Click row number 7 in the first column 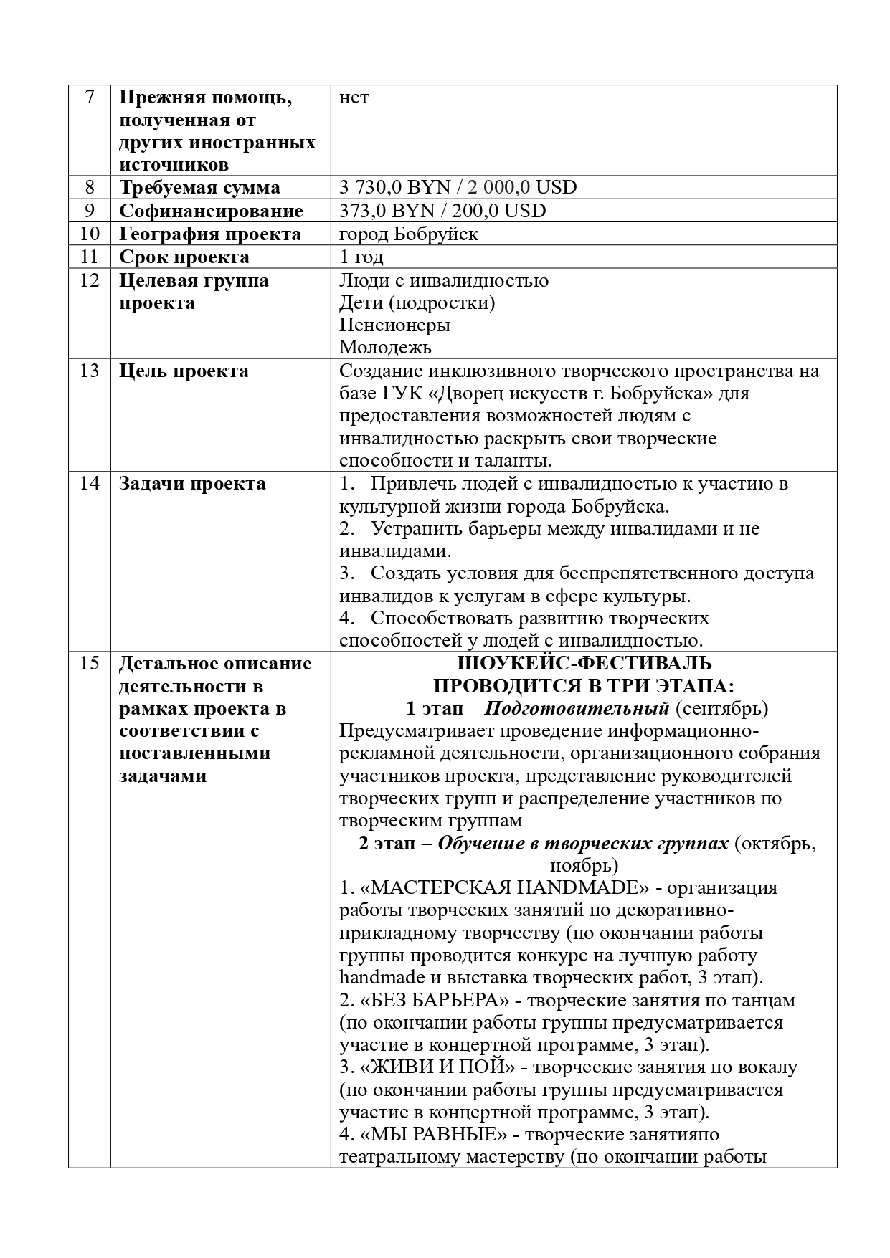89,97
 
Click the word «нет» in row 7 354,97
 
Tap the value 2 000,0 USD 522,188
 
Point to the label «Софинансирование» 211,211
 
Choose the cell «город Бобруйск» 408,234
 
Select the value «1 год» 361,257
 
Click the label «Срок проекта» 184,257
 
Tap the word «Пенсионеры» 394,325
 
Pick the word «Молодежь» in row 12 385,348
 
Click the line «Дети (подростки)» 417,302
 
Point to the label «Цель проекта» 184,371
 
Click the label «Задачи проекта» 192,484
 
